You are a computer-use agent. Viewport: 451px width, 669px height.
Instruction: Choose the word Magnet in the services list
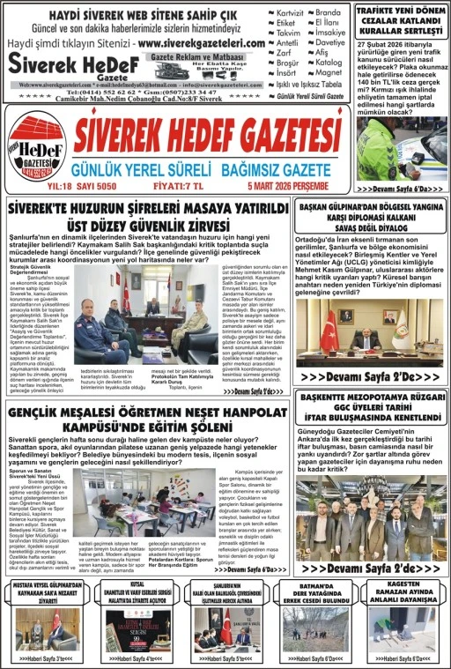tap(329, 73)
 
